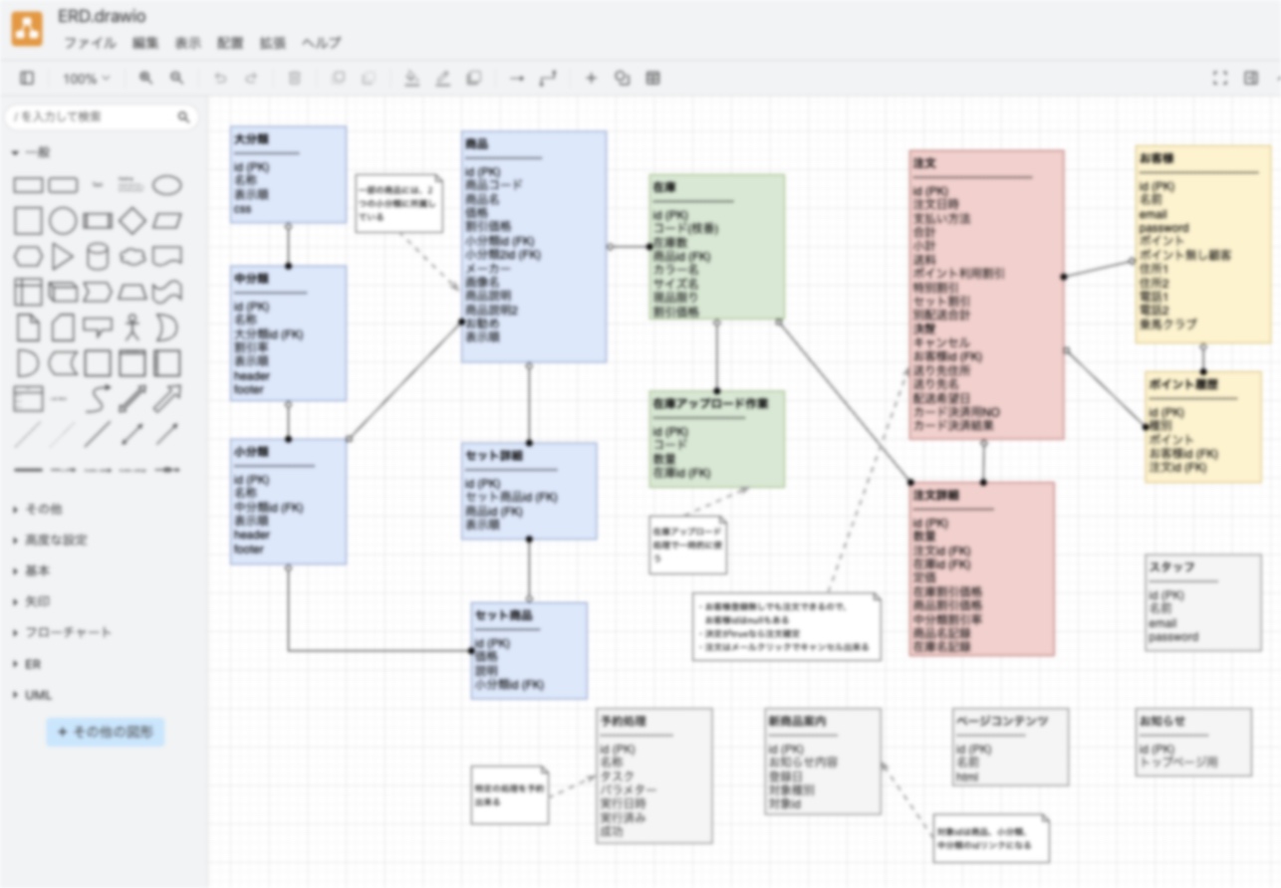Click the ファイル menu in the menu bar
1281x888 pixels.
click(x=90, y=43)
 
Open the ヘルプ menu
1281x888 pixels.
click(x=321, y=43)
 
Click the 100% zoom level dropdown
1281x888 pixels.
click(x=86, y=78)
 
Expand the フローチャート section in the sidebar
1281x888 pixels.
click(x=68, y=632)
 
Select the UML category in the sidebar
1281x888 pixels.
click(x=38, y=695)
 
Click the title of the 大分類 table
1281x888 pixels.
click(x=252, y=139)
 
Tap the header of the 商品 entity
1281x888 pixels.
click(x=476, y=144)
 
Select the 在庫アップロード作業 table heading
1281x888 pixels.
click(x=710, y=404)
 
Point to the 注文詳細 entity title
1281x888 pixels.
click(x=935, y=495)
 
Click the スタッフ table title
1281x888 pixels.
click(x=1171, y=566)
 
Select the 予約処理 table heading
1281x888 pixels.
click(x=624, y=721)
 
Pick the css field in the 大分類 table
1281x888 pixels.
click(x=242, y=209)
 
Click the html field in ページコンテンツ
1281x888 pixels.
click(x=966, y=777)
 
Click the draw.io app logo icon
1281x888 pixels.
click(x=27, y=29)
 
